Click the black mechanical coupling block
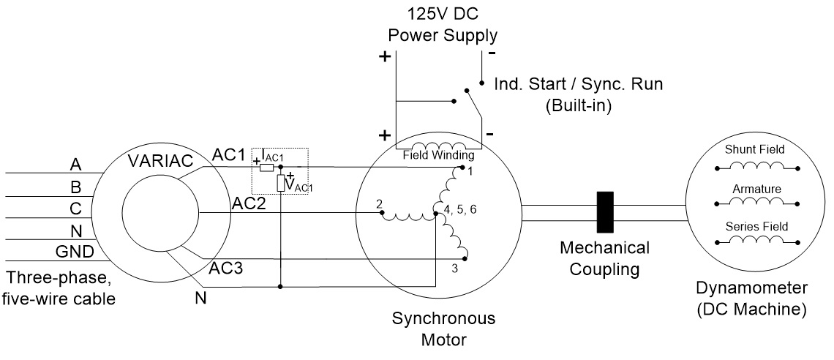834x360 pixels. [x=605, y=212]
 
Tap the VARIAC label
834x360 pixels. [x=161, y=160]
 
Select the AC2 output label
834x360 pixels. [x=248, y=203]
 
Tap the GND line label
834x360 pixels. [x=75, y=252]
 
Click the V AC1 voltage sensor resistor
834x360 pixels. [x=281, y=183]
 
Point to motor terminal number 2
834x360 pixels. [x=379, y=204]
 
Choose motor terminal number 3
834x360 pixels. [x=454, y=269]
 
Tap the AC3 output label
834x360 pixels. [x=225, y=268]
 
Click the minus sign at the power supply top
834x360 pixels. [x=492, y=53]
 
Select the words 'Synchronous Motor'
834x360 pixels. [x=443, y=329]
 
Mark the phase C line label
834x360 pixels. [x=75, y=209]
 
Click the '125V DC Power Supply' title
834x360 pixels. [x=443, y=25]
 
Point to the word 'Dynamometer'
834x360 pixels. [x=751, y=288]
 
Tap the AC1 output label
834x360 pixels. [x=229, y=154]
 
